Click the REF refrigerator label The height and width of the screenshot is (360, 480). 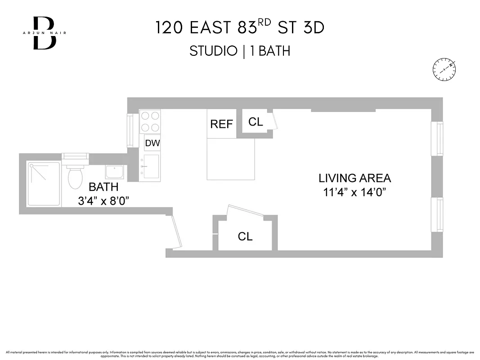pos(221,124)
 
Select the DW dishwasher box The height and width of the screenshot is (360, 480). pos(152,144)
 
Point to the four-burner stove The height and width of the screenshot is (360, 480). pos(150,121)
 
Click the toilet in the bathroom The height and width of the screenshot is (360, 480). pos(75,176)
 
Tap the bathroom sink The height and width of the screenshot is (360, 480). pos(115,171)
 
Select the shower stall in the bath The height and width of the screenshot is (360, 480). pos(44,184)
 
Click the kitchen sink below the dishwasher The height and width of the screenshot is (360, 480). pos(151,166)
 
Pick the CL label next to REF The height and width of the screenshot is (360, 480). pos(256,122)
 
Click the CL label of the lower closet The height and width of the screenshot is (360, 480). pos(245,236)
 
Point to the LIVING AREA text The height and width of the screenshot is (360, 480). pos(355,178)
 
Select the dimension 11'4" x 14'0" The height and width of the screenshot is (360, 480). pos(355,193)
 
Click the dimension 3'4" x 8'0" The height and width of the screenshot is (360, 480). pos(103,201)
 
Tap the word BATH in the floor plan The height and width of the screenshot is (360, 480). pos(103,187)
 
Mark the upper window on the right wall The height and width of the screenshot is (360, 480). pos(437,139)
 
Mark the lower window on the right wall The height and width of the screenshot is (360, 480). pos(437,215)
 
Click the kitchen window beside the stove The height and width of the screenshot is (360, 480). pos(130,130)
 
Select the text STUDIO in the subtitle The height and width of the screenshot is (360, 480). pos(213,51)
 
